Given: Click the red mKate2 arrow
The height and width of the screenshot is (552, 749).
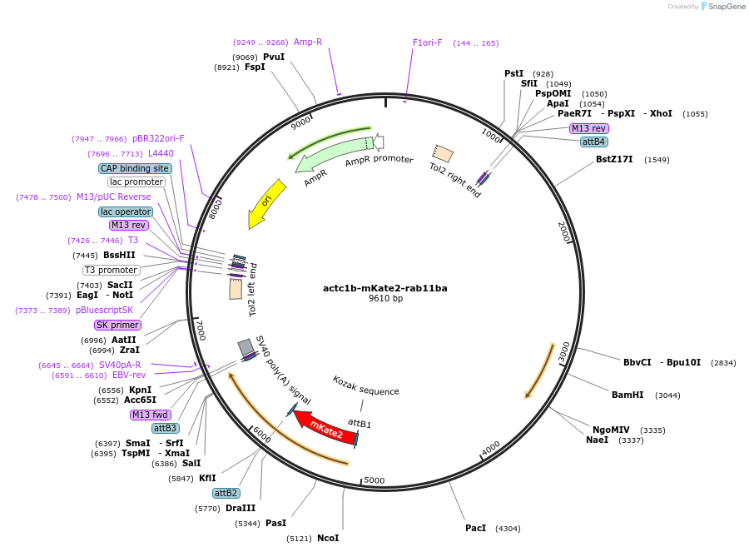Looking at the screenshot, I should click(x=325, y=426).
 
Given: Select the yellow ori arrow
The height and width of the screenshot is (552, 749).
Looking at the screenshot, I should click(x=265, y=203).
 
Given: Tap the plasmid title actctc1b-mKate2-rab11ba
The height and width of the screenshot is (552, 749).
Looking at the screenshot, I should click(x=385, y=288).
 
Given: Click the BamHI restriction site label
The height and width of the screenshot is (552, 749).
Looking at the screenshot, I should click(x=628, y=395).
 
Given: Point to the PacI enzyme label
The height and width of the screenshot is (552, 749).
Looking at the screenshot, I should click(x=475, y=528).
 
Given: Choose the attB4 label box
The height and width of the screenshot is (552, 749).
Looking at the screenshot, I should click(x=593, y=142).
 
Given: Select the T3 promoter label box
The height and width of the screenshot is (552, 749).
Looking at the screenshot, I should click(x=111, y=270).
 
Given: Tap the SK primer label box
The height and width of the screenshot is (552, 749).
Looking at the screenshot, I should click(x=117, y=325).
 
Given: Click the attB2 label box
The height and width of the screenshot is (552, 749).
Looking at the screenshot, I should click(x=226, y=493).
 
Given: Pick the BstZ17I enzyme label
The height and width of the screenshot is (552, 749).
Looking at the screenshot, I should click(x=614, y=159).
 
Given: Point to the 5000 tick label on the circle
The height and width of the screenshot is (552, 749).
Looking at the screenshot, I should click(x=374, y=480).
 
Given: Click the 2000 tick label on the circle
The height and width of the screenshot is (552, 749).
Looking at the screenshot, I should click(x=563, y=231).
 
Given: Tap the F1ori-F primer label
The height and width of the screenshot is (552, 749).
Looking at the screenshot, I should click(x=428, y=42).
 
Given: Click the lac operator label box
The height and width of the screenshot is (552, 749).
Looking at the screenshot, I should click(x=126, y=211).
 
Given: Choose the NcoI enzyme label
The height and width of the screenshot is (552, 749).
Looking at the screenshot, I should click(x=327, y=538).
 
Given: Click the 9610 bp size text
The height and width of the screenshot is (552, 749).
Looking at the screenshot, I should click(x=385, y=299).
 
